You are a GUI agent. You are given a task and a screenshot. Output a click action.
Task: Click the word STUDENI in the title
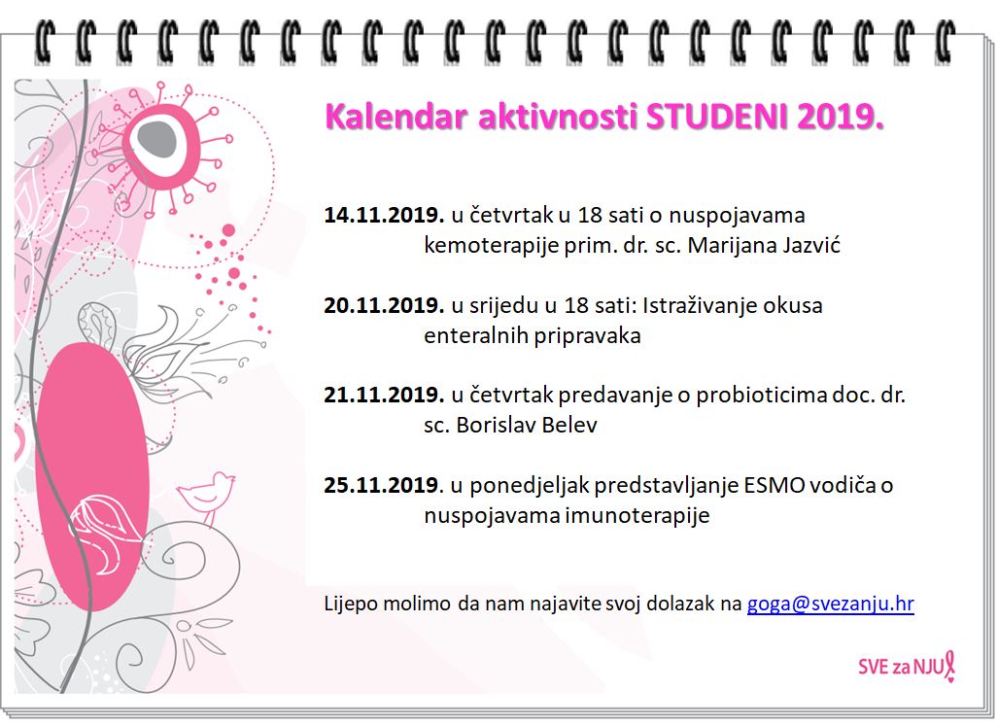716,117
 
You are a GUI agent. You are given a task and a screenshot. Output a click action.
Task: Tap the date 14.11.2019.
384,215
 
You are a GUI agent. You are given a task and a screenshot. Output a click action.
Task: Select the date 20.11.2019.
384,305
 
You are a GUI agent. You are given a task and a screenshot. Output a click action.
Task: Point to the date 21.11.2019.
384,396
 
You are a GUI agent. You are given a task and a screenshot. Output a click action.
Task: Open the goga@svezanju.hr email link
831,604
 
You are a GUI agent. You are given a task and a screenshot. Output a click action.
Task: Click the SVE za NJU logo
907,666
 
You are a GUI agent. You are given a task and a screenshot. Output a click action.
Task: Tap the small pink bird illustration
207,496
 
